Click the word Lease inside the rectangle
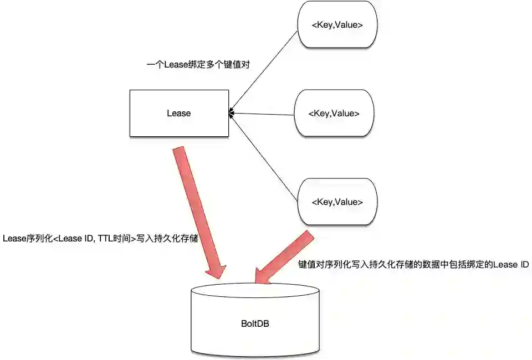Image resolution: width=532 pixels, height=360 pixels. [178, 113]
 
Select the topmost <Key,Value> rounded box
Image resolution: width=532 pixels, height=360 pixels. [337, 24]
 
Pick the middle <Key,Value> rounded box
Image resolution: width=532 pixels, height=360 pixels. [334, 113]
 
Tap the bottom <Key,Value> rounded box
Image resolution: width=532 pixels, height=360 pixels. [337, 201]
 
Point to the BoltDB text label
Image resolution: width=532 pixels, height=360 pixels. [255, 323]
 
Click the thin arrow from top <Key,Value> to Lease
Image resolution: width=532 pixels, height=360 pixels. [263, 72]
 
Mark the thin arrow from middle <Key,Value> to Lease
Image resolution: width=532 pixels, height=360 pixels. [260, 114]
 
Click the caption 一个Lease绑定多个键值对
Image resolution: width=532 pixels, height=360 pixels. [198, 65]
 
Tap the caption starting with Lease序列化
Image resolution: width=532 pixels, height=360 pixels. [100, 238]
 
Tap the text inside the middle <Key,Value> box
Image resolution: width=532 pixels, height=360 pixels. [334, 113]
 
